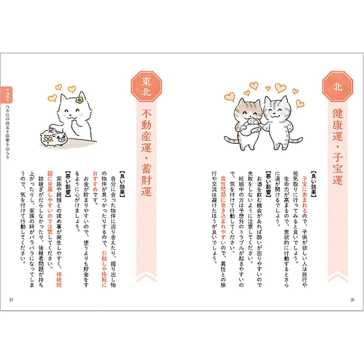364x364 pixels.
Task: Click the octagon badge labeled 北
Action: click(337, 87)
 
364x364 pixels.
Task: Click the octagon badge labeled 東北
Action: click(146, 87)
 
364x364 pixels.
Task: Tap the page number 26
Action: click(352, 300)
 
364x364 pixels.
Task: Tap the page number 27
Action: click(11, 300)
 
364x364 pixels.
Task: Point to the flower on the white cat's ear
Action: click(79, 100)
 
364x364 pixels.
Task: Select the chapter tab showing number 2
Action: click(7, 95)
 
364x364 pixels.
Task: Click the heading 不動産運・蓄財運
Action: click(146, 152)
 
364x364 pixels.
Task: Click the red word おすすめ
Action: click(95, 181)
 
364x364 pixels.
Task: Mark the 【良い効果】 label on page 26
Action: click(314, 184)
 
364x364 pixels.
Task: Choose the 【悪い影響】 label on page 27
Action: click(68, 184)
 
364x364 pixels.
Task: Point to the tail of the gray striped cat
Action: click(296, 140)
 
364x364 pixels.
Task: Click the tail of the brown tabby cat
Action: click(231, 140)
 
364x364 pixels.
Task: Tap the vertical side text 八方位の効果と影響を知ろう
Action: click(7, 132)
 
